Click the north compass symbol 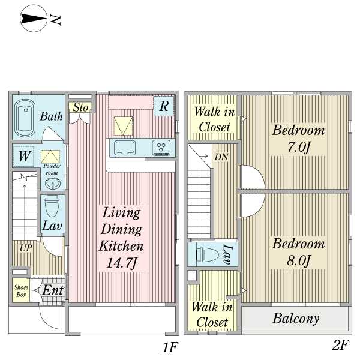(x=34, y=19)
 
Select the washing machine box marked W (x=23, y=156)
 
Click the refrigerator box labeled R (x=164, y=106)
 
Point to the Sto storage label (x=80, y=107)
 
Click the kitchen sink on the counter (x=125, y=148)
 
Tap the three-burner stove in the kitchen (x=161, y=148)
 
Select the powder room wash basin (x=53, y=184)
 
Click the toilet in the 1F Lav (x=52, y=205)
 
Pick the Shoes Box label (x=21, y=290)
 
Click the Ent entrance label (x=53, y=290)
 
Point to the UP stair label (x=26, y=248)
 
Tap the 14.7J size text (x=122, y=263)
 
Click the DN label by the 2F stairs (x=221, y=157)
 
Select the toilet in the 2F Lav (x=207, y=254)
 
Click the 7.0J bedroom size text (x=299, y=147)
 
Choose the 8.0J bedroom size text (x=299, y=260)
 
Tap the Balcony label (x=296, y=319)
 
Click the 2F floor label (x=341, y=344)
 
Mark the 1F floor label (x=170, y=347)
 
